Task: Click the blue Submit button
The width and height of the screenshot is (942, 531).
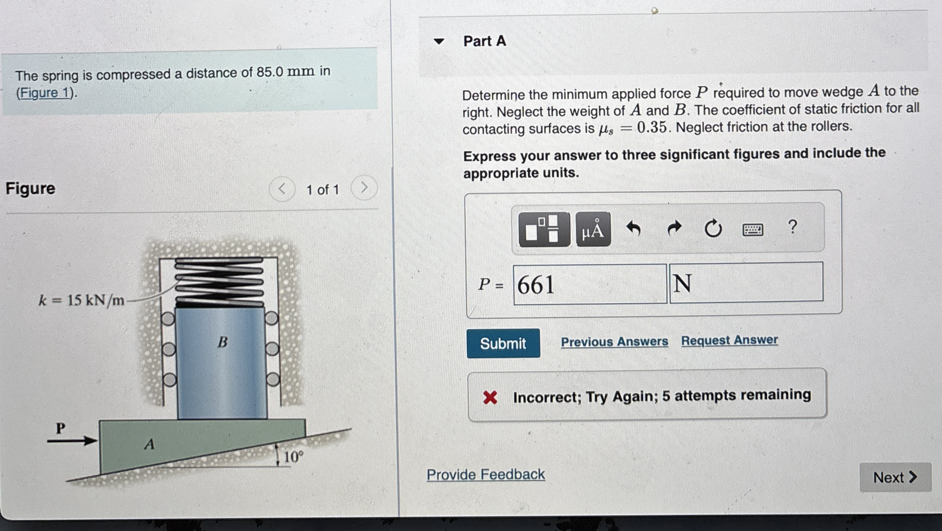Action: (503, 343)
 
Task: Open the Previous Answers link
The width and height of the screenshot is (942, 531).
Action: (614, 342)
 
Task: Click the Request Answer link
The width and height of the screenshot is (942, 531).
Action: (729, 340)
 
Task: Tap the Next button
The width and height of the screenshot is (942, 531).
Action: (895, 477)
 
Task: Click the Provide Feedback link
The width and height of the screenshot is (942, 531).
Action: (485, 474)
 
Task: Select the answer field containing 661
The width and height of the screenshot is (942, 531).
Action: (589, 284)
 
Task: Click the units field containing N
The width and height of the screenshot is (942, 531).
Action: (746, 282)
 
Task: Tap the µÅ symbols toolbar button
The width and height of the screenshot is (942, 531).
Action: (593, 230)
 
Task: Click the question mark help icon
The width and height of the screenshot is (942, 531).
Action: (792, 227)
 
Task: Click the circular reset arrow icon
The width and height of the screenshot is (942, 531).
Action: (713, 229)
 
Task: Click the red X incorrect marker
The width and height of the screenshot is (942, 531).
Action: (490, 398)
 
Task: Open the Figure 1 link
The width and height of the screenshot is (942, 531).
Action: (44, 93)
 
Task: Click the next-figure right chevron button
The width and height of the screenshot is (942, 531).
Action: (364, 187)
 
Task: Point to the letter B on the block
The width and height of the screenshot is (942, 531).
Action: (223, 342)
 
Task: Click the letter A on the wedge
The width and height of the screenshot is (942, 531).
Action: (149, 444)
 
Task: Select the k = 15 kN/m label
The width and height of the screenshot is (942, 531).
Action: (82, 300)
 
